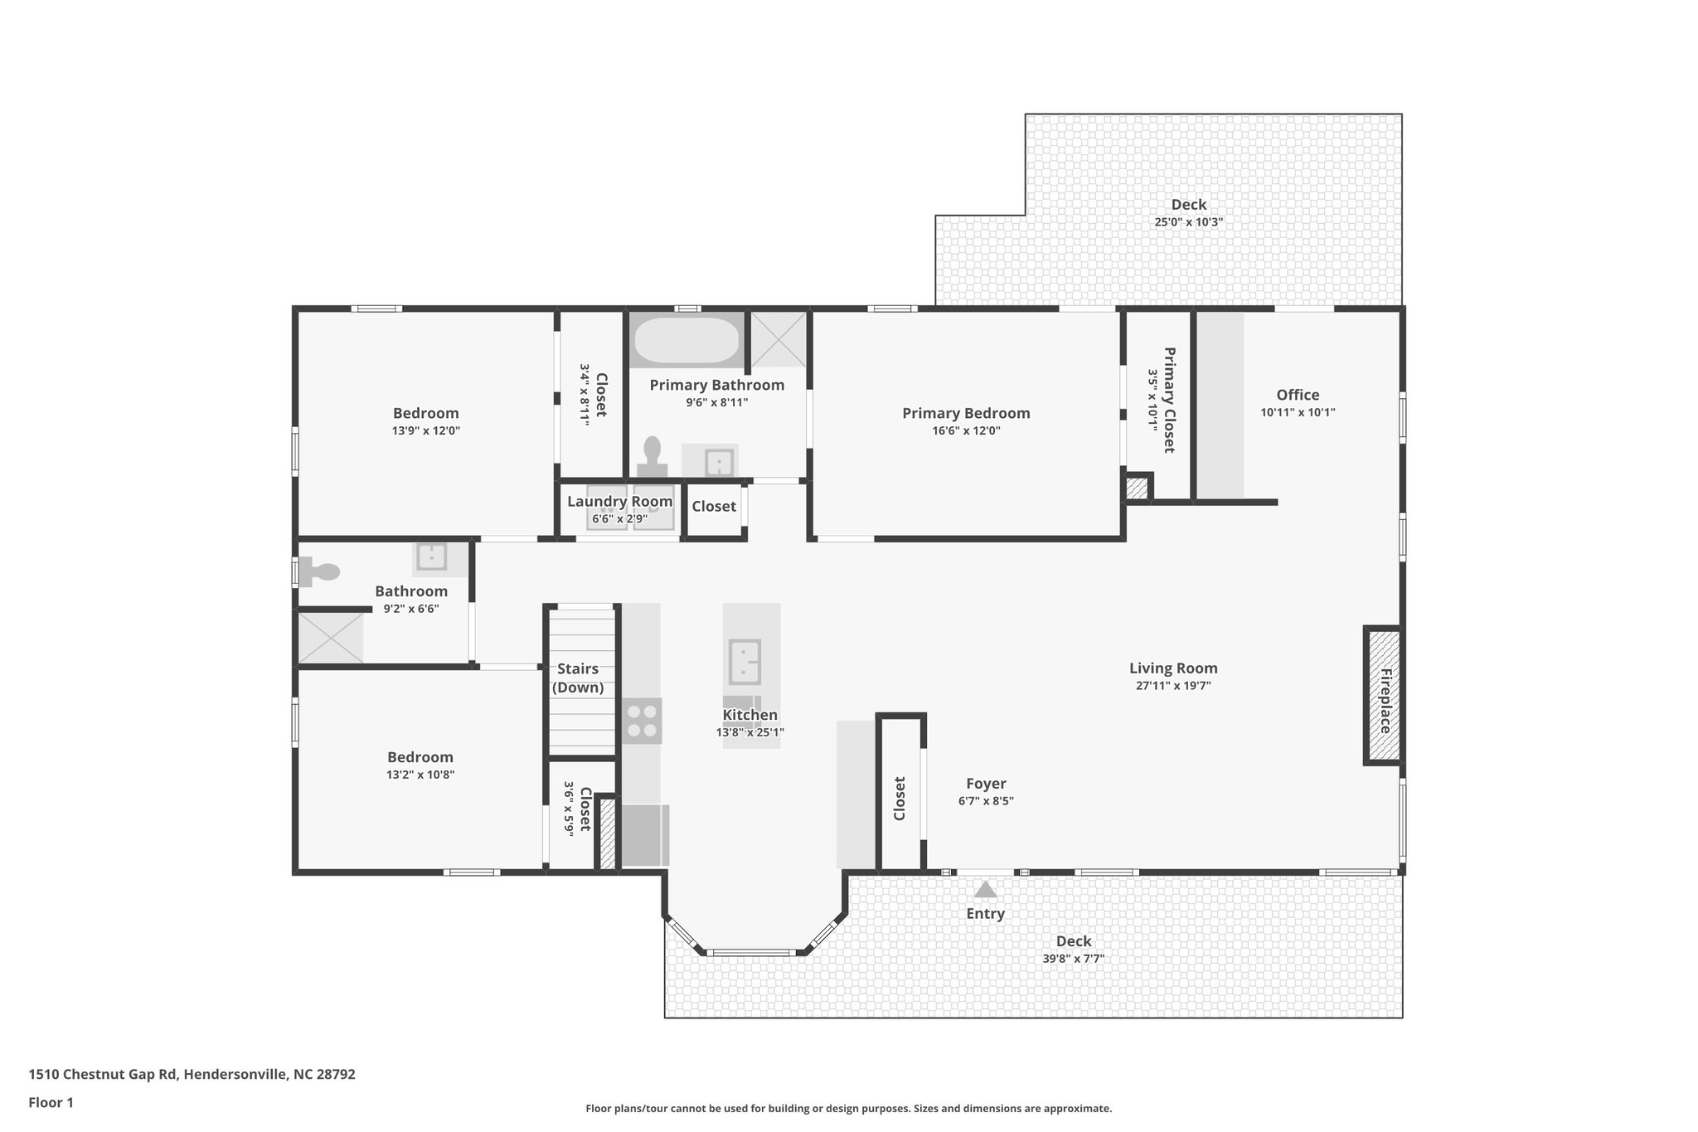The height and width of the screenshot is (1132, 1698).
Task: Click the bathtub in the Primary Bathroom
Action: (x=686, y=341)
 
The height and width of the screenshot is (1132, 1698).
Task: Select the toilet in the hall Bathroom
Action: (x=320, y=571)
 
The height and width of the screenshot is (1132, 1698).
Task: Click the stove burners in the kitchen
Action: (x=642, y=721)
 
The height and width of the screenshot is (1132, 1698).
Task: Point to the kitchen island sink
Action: (x=745, y=662)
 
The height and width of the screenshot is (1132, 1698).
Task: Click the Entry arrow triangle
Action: (x=985, y=890)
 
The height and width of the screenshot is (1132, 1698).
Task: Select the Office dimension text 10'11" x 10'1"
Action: (x=1298, y=412)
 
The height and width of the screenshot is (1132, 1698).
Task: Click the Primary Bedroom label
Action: (x=966, y=413)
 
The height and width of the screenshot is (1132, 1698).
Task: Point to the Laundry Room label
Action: (x=619, y=502)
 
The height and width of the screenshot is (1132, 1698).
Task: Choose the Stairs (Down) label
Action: (x=578, y=678)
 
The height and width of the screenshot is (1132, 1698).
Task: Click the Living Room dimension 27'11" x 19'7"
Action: (x=1173, y=686)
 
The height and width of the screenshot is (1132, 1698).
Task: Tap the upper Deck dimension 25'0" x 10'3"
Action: (x=1188, y=222)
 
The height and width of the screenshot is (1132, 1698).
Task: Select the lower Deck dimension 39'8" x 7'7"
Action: (x=1073, y=959)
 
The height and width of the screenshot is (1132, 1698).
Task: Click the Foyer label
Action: (x=986, y=784)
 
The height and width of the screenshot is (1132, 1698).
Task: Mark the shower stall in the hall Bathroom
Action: (x=331, y=638)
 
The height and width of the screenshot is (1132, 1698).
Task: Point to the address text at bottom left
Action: (x=192, y=1075)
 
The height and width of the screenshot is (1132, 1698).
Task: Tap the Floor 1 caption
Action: (x=51, y=1103)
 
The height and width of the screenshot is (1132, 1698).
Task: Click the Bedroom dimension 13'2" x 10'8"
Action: (x=420, y=775)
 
